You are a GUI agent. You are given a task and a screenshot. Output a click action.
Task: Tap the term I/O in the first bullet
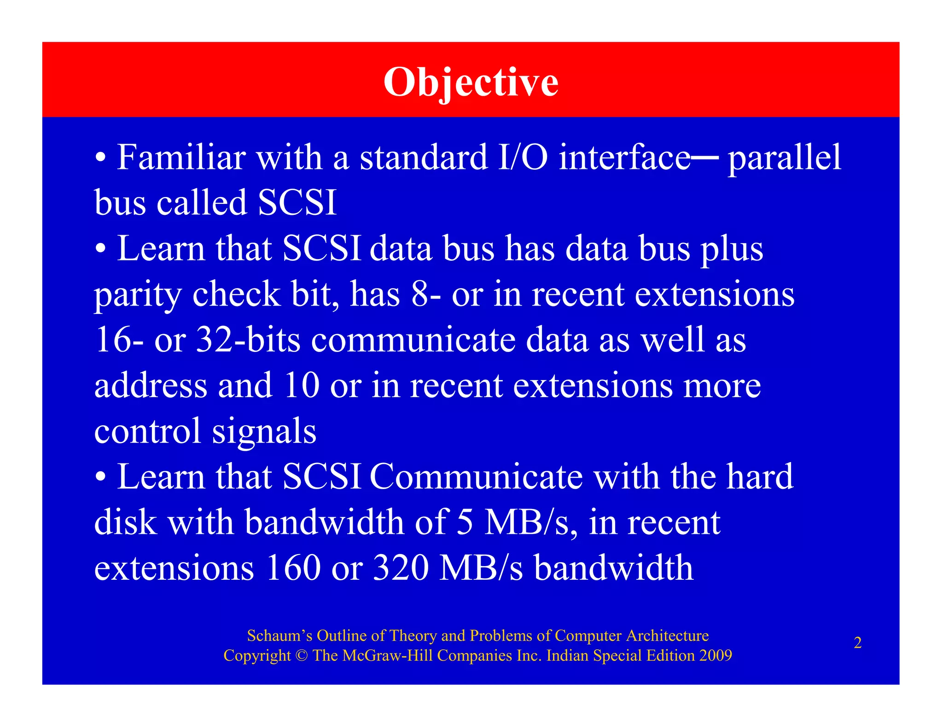(x=523, y=157)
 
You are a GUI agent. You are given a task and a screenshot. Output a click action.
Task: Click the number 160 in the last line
(x=293, y=567)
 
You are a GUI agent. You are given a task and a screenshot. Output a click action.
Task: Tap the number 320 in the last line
(x=401, y=567)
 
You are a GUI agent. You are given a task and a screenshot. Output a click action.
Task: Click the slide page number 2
(x=857, y=642)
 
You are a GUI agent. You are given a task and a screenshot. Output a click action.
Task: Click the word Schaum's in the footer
(x=279, y=636)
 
